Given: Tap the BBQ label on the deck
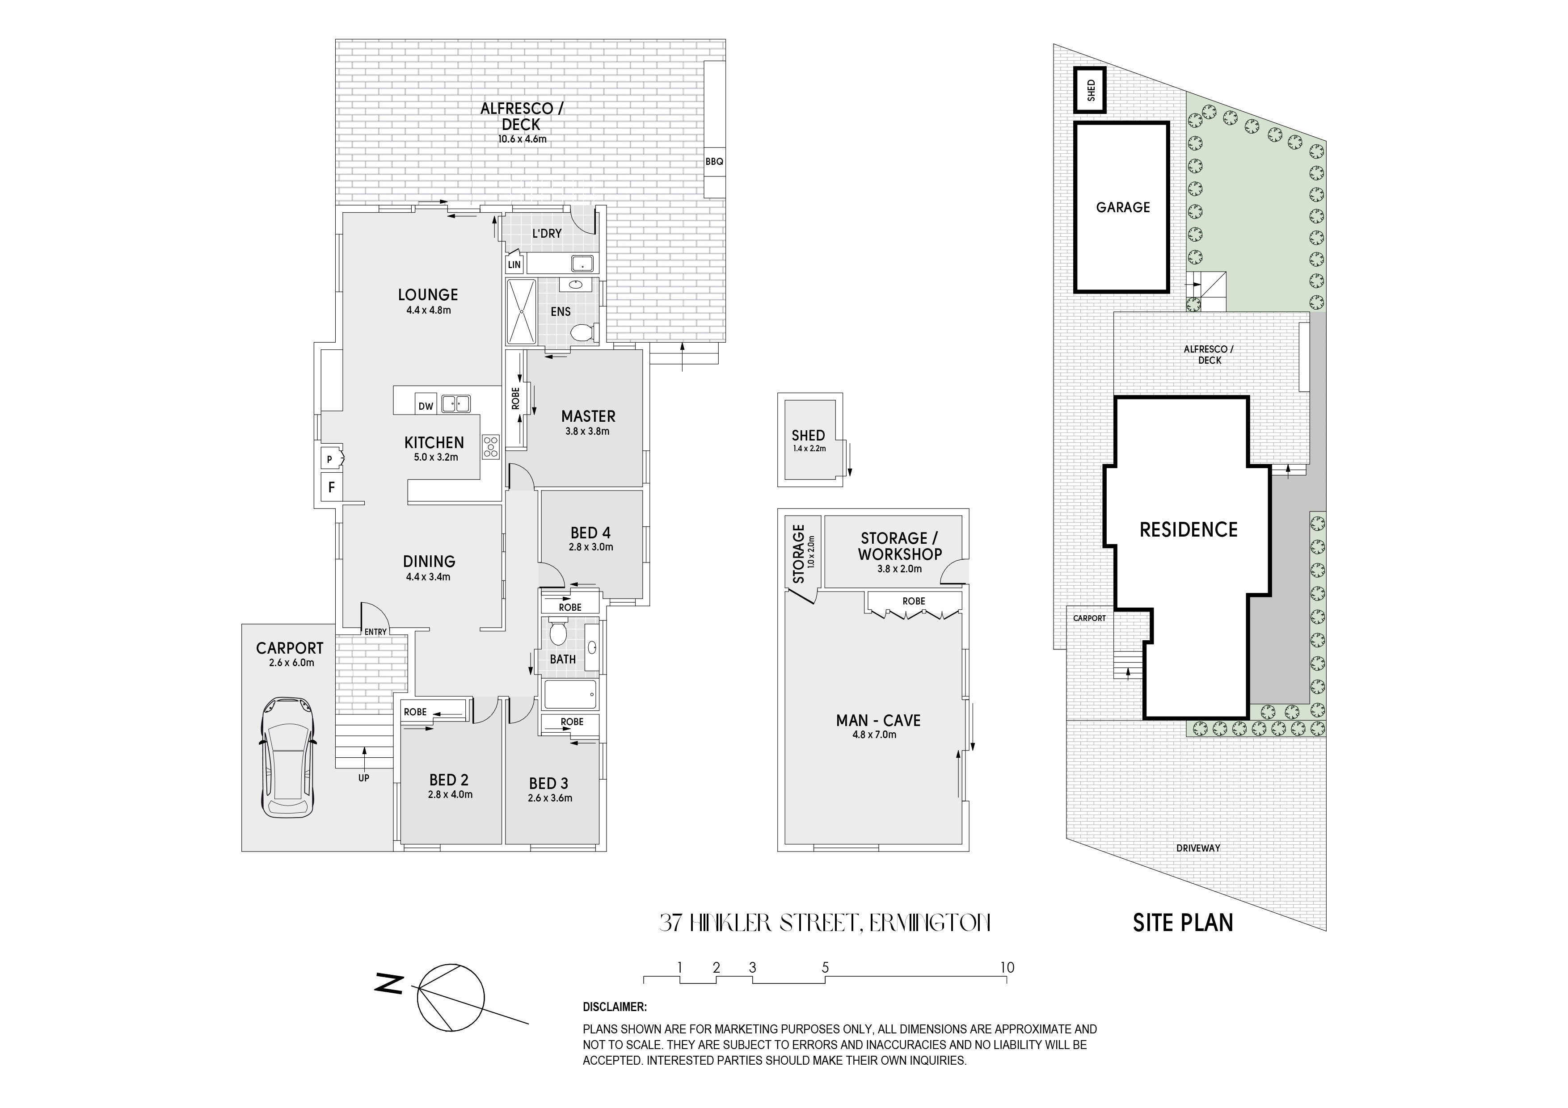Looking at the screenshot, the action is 714,162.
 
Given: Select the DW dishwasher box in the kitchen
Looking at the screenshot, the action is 426,406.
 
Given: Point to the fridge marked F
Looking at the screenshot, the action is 332,487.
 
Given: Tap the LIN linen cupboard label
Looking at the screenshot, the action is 514,264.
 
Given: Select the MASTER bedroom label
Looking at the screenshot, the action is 588,416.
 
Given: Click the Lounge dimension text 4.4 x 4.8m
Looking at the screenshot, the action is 428,310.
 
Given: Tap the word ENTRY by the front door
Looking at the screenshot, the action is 375,632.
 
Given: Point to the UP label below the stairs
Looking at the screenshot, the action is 364,777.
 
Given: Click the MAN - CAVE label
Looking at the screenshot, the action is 878,720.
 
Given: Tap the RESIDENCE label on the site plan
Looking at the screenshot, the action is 1189,530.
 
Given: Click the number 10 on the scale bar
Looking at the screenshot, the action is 1007,967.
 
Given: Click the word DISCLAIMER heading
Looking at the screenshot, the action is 614,1007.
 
